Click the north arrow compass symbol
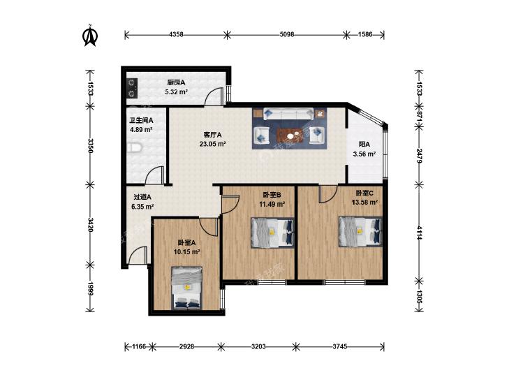tap(90, 36)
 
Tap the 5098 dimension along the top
tap(287, 34)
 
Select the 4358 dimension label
tap(176, 34)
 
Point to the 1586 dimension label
tap(365, 34)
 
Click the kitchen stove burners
tap(132, 88)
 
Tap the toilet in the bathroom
tap(134, 147)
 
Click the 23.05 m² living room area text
tap(213, 144)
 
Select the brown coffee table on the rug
tap(292, 135)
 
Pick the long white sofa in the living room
tap(288, 114)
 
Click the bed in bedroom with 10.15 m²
tap(186, 288)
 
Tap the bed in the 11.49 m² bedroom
tap(272, 233)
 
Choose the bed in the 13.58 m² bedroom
tap(360, 231)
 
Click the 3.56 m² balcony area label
tap(364, 154)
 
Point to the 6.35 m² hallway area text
tap(143, 207)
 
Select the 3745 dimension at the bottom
tap(339, 346)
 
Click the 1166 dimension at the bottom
tap(139, 346)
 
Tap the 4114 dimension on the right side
tap(419, 233)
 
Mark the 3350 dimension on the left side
tap(91, 146)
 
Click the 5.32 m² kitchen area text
tap(176, 92)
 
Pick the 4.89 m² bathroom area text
tap(141, 129)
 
